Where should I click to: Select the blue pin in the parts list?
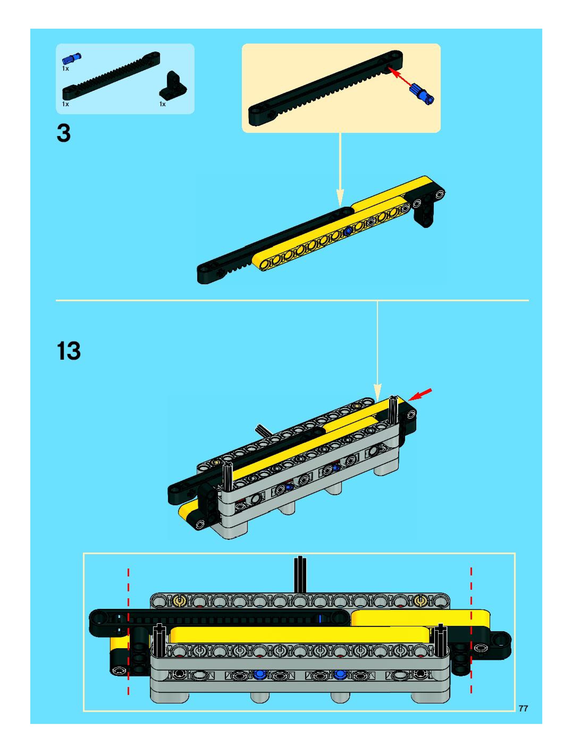click(x=71, y=58)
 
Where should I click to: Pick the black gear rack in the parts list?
click(x=111, y=75)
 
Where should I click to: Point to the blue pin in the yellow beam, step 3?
click(x=348, y=231)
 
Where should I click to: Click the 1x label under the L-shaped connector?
click(x=163, y=104)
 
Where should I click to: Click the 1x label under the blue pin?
click(x=65, y=69)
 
